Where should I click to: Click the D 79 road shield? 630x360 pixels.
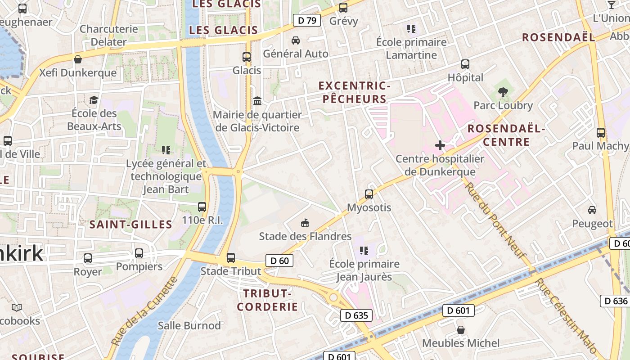point(307,20)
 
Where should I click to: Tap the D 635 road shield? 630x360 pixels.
point(356,315)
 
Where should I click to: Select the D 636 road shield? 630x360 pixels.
point(614,301)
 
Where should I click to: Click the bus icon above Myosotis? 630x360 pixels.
point(369,194)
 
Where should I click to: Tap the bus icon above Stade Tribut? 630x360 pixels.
point(231,258)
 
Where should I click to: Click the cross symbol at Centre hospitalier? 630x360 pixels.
point(440,145)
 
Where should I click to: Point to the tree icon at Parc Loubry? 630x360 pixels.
point(503,92)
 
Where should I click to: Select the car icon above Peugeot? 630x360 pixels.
point(592,210)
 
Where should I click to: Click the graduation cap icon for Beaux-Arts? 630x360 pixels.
point(94,100)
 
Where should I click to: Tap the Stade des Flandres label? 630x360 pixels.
point(305,236)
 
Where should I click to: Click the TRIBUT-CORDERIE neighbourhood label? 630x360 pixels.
point(267,300)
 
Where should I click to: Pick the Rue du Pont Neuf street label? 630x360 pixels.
point(495,220)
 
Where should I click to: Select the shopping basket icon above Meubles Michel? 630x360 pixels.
point(461,330)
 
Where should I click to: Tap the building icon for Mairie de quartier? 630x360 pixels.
point(257,101)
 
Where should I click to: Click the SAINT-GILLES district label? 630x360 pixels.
point(131,224)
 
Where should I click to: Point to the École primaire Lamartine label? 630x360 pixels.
point(411,49)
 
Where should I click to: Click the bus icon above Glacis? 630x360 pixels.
point(247,57)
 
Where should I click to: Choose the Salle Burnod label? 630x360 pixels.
point(189,325)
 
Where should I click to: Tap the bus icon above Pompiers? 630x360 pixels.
point(139,253)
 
